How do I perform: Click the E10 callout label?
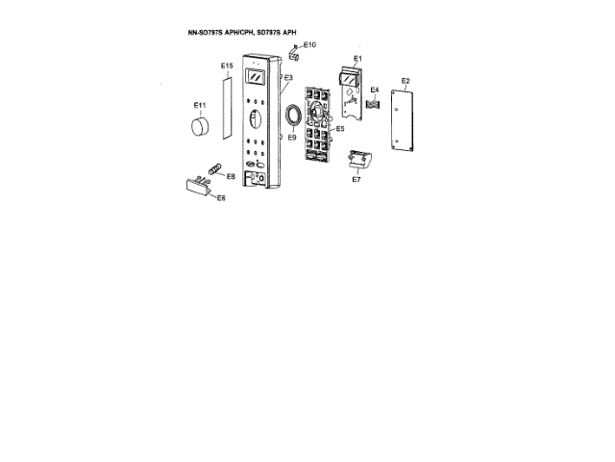coord(309,45)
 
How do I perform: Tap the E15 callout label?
coord(227,66)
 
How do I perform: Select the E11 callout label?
coord(200,104)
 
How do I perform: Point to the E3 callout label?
coord(288,77)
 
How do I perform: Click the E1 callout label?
coord(357,59)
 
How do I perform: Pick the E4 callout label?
coord(375,90)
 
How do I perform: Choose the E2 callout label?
coord(406,81)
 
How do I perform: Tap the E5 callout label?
coord(339,127)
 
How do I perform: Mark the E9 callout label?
coord(290,138)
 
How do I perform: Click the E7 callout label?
coord(356,179)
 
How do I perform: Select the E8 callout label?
coord(231,177)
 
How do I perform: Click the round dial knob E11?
coord(200,126)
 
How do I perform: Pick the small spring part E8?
coord(214,172)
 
